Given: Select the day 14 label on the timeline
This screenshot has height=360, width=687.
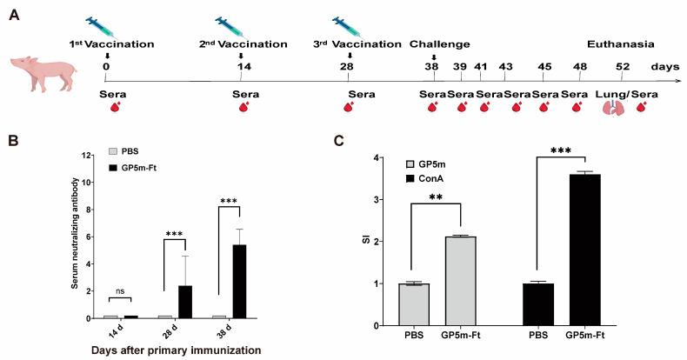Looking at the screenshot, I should click(x=241, y=65).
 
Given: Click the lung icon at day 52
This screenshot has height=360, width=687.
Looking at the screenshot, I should click(x=616, y=108).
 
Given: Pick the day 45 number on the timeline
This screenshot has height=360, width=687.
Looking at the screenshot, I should click(x=544, y=65).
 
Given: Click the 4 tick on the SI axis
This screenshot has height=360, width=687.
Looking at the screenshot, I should click(x=376, y=158).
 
